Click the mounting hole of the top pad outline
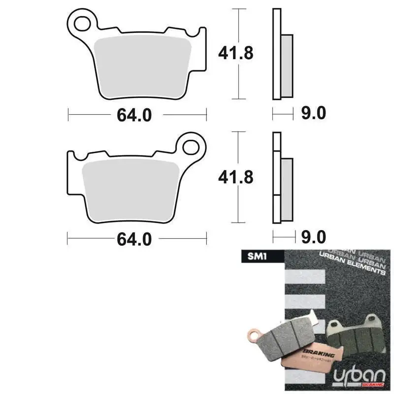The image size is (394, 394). coord(82,22)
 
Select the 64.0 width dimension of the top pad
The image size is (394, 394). coord(134,115)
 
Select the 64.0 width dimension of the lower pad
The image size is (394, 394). coord(134,239)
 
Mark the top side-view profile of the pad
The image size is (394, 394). coord(282,54)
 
